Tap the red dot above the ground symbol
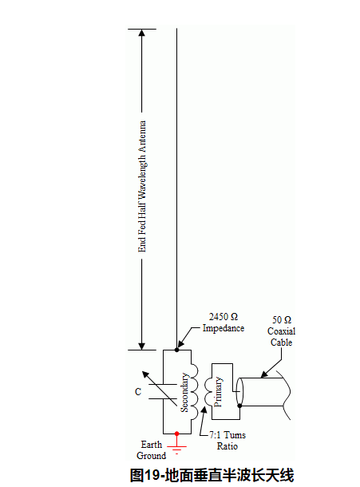tap(176, 434)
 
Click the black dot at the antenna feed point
tap(176, 350)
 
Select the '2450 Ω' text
tap(224, 317)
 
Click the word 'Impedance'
tap(224, 328)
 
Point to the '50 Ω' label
tap(282, 320)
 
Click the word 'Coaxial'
tap(282, 331)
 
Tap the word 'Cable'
tap(282, 342)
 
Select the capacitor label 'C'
tap(138, 392)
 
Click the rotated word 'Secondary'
tap(184, 393)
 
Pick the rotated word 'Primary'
tap(218, 392)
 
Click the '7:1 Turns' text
tap(227, 435)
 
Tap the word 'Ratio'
tap(227, 446)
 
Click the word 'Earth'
tap(152, 445)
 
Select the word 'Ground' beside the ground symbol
tap(152, 456)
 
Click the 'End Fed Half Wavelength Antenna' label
tap(142, 186)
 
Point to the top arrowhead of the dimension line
tap(141, 33)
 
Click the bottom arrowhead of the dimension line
tap(141, 346)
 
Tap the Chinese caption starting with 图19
tap(212, 475)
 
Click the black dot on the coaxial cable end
tap(239, 406)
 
